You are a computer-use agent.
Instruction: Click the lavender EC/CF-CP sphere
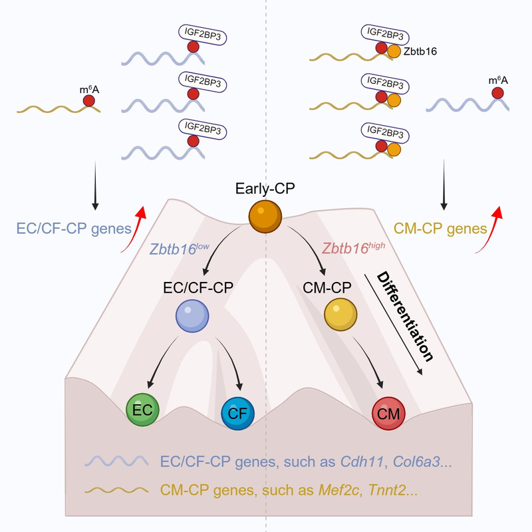click(x=193, y=315)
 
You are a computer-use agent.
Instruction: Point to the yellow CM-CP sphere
click(x=341, y=315)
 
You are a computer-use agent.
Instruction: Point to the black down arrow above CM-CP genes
click(x=444, y=193)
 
